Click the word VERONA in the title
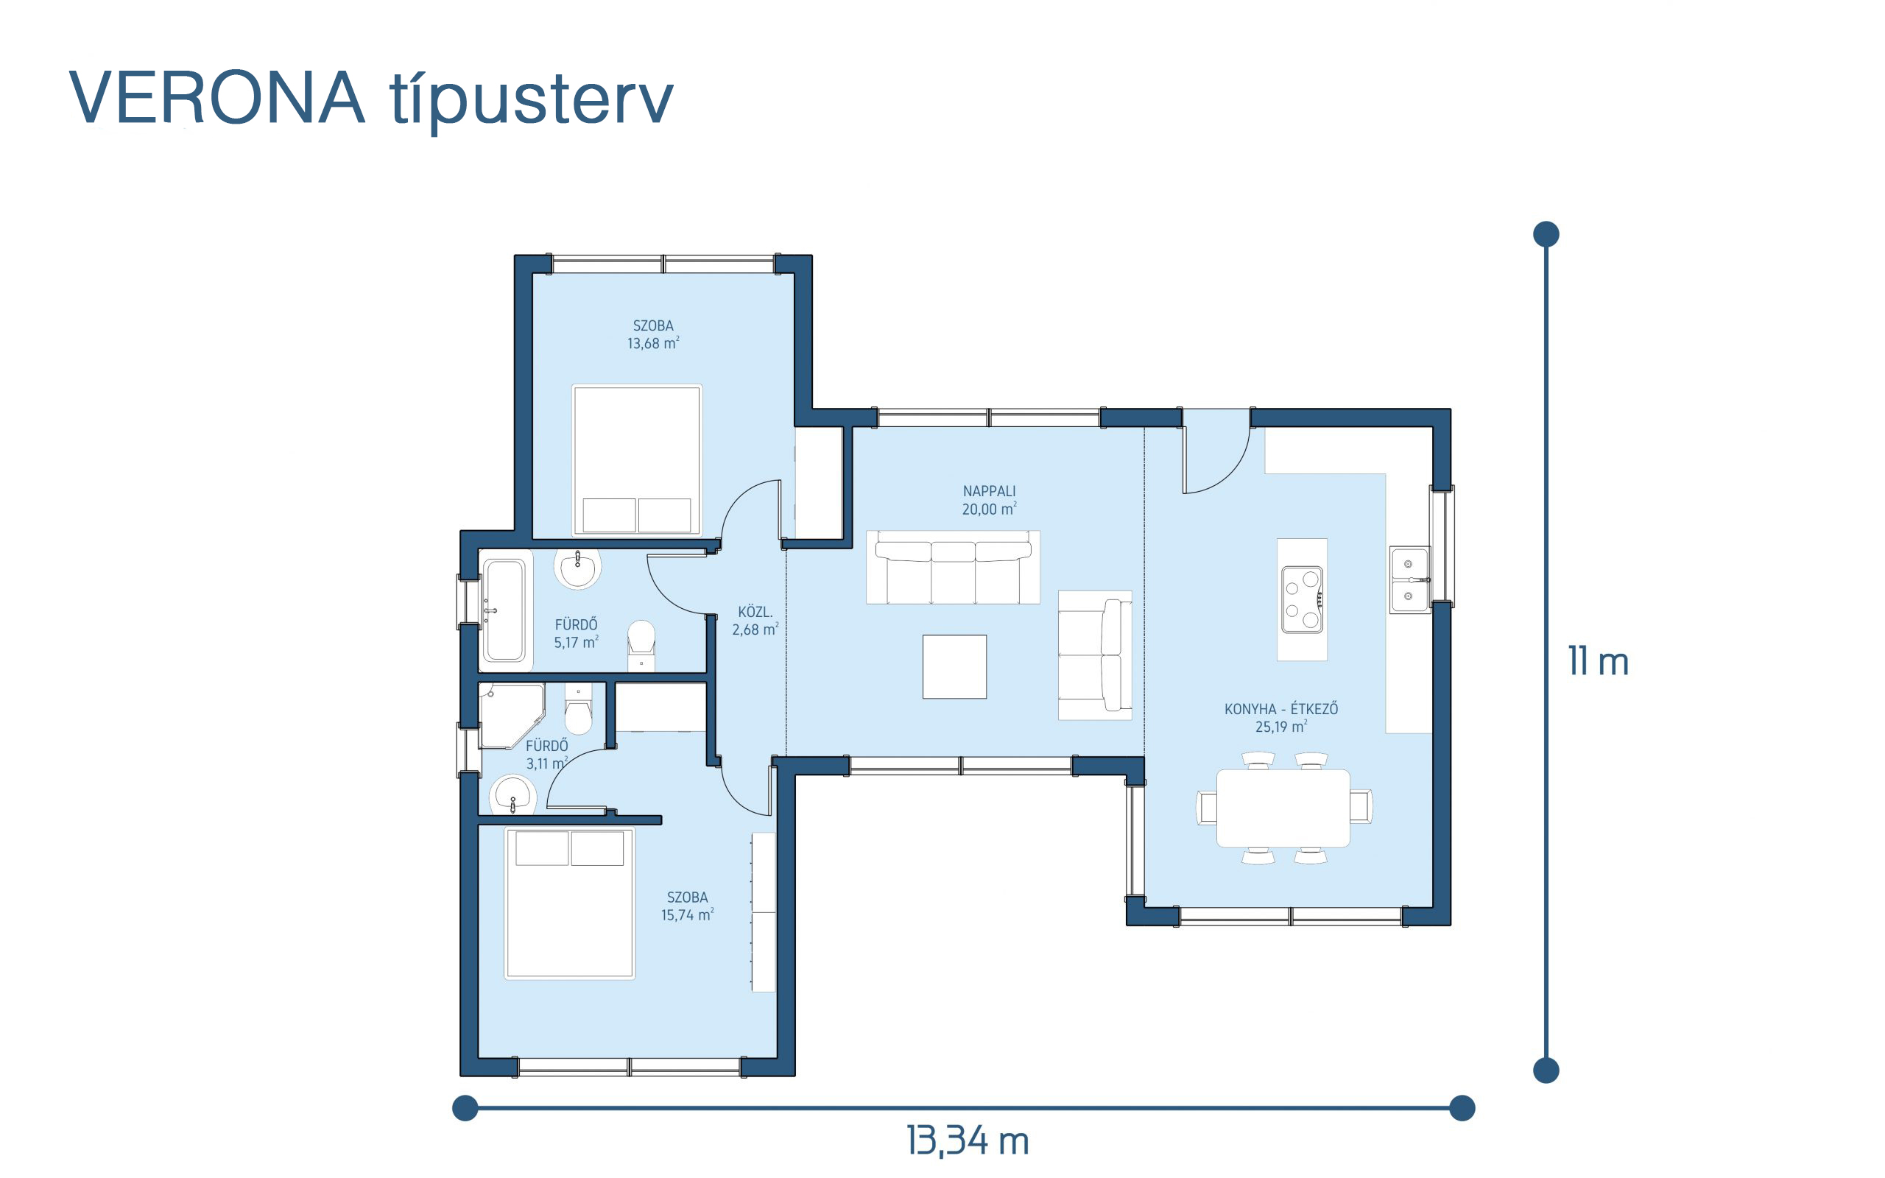coord(217,97)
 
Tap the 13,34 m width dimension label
coord(968,1141)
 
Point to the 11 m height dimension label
coord(1599,661)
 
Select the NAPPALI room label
coord(989,491)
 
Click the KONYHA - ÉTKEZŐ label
coord(1281,709)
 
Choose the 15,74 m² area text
coord(687,914)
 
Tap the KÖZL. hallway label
coord(755,612)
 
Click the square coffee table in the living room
coord(954,667)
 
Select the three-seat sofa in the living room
coord(954,567)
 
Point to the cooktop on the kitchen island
coord(1302,600)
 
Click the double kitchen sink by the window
coord(1410,579)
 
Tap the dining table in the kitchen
coord(1283,808)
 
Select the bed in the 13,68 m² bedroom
coord(637,459)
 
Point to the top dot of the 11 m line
coord(1546,233)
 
